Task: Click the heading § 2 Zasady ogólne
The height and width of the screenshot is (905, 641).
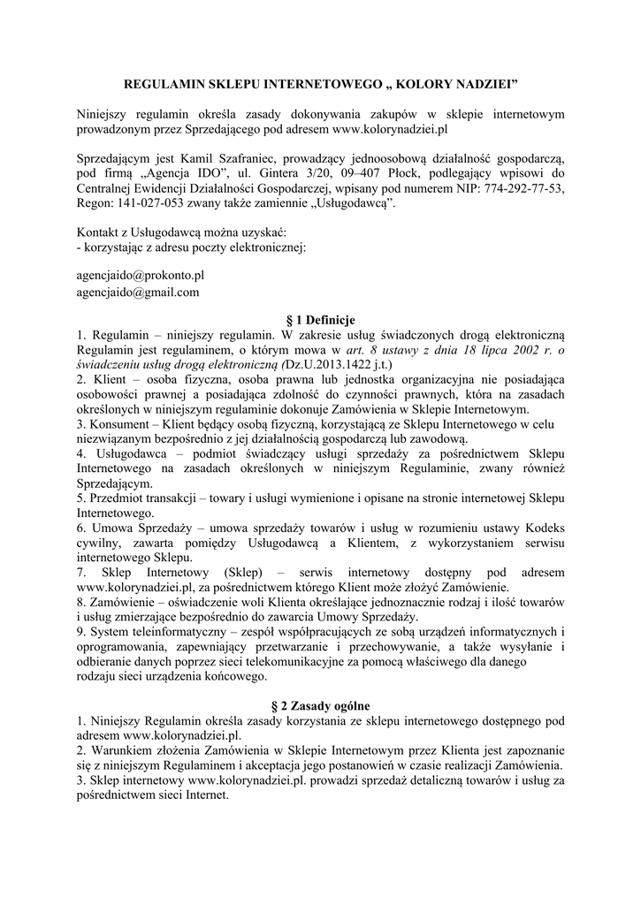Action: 320,706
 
